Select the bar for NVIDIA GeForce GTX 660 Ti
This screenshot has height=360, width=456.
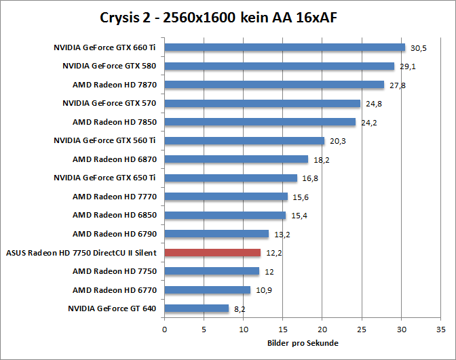(285, 47)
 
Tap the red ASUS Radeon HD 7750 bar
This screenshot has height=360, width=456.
(212, 253)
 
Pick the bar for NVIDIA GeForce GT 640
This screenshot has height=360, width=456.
(197, 308)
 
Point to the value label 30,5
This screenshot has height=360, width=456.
(419, 49)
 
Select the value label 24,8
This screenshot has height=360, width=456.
(374, 104)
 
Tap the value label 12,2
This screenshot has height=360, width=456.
(274, 254)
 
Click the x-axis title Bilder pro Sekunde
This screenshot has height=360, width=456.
(303, 343)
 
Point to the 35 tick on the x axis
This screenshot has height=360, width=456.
(441, 330)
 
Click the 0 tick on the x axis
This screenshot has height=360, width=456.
(164, 330)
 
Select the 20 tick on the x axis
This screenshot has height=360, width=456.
(322, 330)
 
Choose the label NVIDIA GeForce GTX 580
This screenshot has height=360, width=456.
(110, 66)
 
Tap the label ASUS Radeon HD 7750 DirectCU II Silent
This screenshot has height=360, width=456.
(81, 253)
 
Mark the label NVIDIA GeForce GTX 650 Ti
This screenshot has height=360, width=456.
(105, 178)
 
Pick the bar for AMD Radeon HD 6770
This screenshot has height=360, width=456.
(208, 290)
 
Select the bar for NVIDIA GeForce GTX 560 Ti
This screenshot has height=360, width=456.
(244, 141)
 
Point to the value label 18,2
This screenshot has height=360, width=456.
(322, 161)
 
